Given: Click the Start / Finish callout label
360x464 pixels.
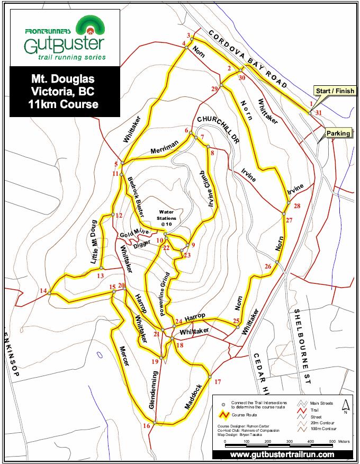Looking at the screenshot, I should pyautogui.click(x=334, y=91).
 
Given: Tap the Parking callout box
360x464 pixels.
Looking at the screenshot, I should pyautogui.click(x=338, y=133).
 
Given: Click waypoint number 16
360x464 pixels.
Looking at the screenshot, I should pyautogui.click(x=147, y=425).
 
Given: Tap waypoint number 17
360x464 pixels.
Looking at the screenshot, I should pyautogui.click(x=217, y=381).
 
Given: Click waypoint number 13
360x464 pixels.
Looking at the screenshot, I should pyautogui.click(x=100, y=275).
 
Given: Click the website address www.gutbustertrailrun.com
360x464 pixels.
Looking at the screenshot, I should pyautogui.click(x=282, y=454).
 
